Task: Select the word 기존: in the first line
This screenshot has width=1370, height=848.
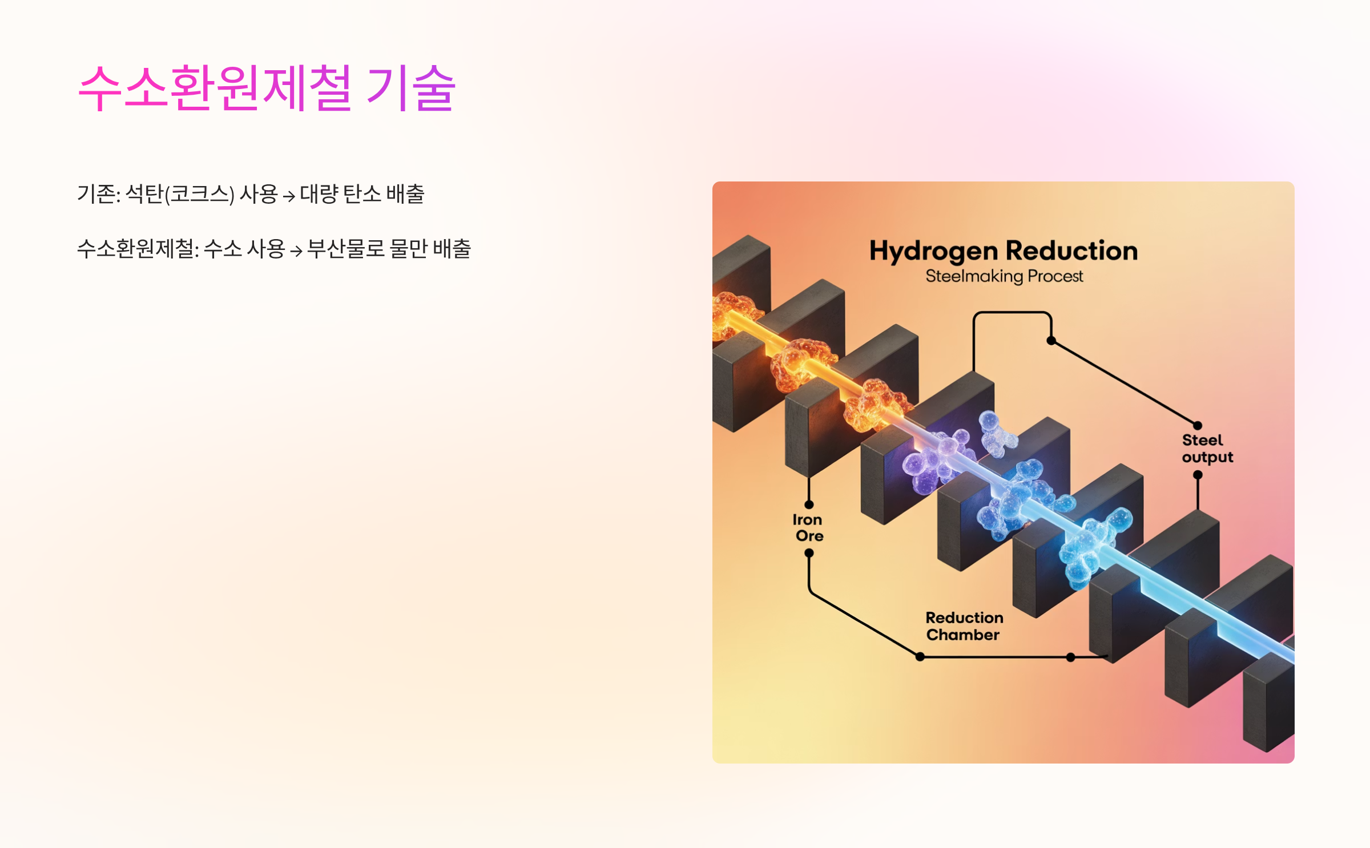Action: pos(98,194)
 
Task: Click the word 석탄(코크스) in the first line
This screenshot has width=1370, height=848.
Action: pos(179,194)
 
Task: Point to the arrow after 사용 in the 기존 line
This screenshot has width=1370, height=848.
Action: pos(289,196)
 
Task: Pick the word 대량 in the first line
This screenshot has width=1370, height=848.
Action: pos(319,194)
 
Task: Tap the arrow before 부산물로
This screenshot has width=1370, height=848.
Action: pos(296,251)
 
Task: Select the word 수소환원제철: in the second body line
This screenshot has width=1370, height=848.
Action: pos(138,249)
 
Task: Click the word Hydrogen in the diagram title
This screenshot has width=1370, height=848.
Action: pos(933,251)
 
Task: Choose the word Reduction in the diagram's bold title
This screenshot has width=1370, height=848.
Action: pos(1071,251)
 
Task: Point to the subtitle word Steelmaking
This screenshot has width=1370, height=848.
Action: pos(974,276)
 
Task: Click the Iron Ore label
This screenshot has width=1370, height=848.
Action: pos(808,528)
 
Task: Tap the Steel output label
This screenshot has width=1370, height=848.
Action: pos(1207,449)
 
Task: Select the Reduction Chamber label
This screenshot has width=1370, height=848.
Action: pos(964,626)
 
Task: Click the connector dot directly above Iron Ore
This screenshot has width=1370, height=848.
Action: pos(809,504)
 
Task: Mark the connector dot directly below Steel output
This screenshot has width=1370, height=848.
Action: pos(1198,475)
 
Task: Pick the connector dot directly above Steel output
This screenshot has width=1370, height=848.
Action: pos(1198,425)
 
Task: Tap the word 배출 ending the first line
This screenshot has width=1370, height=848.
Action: pos(405,194)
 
